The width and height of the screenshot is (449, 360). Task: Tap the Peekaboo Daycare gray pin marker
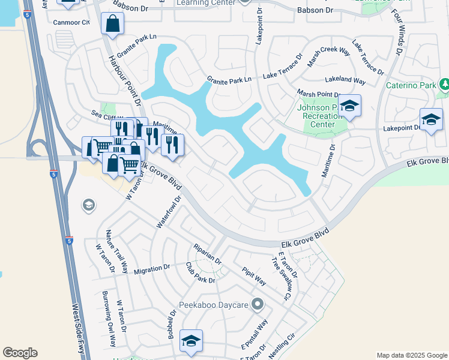(x=258, y=304)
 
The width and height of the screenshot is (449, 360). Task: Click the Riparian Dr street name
(x=207, y=254)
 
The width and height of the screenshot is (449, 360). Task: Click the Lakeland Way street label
(x=345, y=80)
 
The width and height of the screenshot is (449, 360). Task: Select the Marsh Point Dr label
(x=319, y=94)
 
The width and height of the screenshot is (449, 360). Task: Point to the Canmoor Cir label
(x=71, y=23)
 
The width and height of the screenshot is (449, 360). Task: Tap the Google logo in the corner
(x=20, y=353)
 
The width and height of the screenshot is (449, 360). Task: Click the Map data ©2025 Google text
(x=412, y=355)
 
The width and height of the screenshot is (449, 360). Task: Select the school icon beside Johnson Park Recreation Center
(x=349, y=106)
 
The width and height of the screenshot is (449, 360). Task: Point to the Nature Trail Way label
(x=116, y=251)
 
